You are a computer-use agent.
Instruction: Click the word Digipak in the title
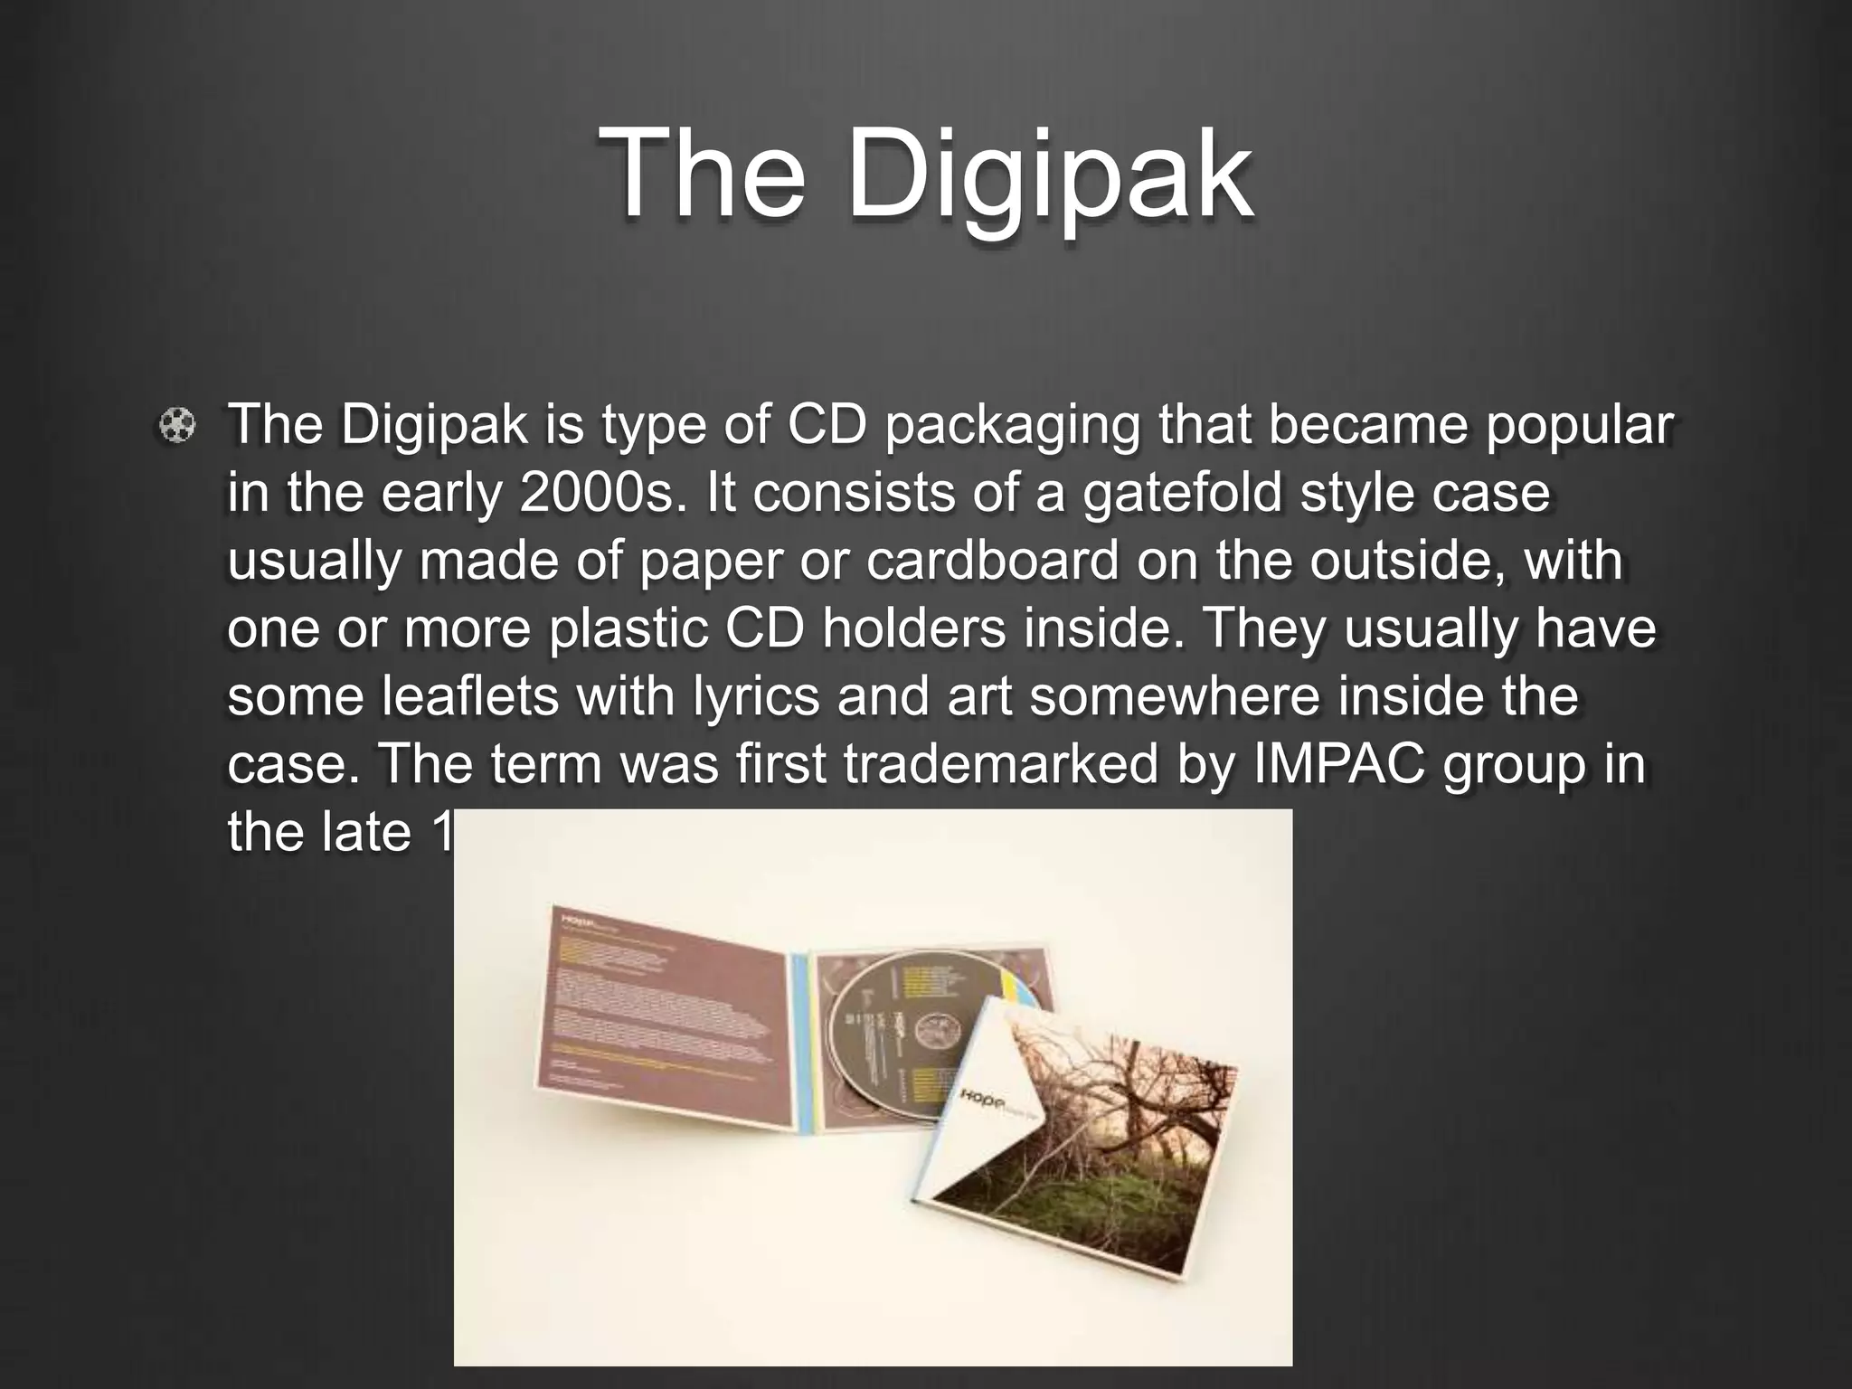point(1049,174)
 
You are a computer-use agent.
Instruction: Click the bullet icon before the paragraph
point(177,425)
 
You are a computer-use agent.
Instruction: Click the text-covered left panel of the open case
point(660,1022)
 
